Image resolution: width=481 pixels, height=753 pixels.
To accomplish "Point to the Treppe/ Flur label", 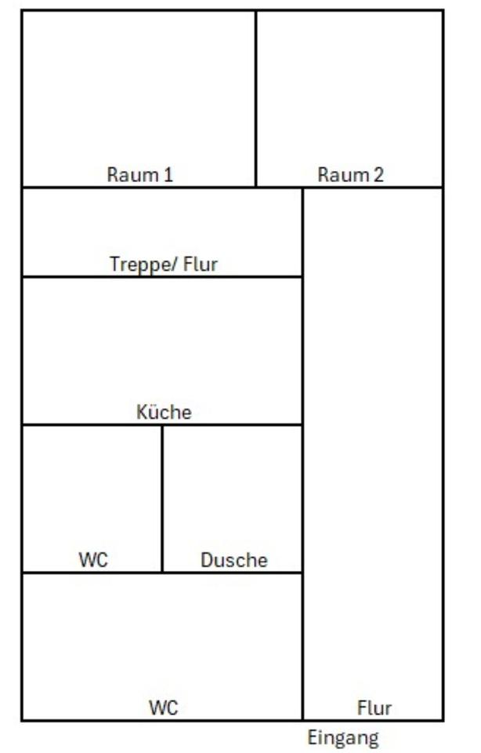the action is [x=163, y=264].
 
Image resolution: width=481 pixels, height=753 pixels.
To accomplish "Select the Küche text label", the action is [x=164, y=413].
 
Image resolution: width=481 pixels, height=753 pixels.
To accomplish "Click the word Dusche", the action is [x=234, y=560].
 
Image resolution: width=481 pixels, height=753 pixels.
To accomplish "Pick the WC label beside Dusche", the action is [x=92, y=560].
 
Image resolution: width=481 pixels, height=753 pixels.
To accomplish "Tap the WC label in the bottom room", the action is [x=164, y=708].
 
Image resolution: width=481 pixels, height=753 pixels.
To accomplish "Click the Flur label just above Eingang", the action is [x=374, y=708].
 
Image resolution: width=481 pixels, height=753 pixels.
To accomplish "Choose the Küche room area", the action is [x=162, y=345].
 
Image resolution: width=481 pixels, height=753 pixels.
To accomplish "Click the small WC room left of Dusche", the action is [x=92, y=494].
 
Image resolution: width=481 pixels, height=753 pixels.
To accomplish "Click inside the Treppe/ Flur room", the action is [x=162, y=227].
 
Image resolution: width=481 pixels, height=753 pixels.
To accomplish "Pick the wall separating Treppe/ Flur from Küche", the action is [x=162, y=276].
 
